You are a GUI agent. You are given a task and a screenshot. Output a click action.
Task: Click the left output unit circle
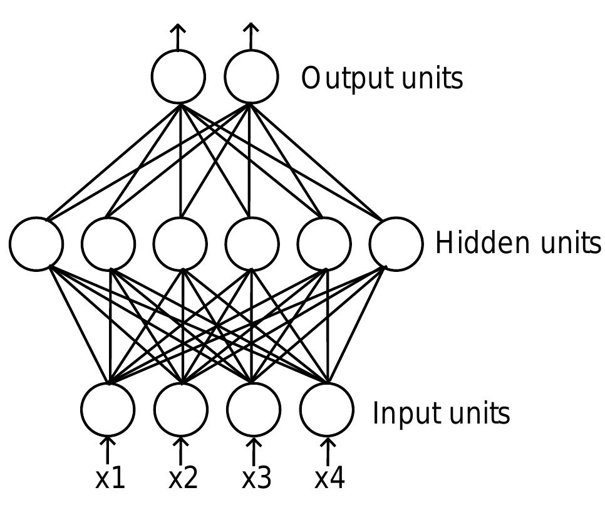click(x=178, y=76)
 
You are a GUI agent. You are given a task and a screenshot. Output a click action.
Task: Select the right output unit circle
click(x=251, y=76)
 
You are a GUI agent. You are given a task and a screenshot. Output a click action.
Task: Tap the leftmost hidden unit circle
click(x=36, y=244)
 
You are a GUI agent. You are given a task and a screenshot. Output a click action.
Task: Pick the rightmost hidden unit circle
click(x=396, y=244)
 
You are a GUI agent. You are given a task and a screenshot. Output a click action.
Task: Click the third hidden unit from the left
click(x=180, y=244)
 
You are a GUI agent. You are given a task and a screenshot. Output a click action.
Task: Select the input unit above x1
click(x=108, y=409)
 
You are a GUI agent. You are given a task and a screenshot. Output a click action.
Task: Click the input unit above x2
click(x=181, y=409)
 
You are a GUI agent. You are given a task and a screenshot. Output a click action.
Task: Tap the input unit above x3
click(x=253, y=409)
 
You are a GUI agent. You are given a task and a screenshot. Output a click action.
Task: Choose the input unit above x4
click(x=326, y=409)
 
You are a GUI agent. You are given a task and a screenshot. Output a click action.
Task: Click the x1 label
click(x=110, y=479)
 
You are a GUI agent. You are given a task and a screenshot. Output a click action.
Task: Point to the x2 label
click(x=183, y=479)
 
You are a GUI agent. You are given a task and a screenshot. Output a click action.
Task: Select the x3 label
click(x=256, y=479)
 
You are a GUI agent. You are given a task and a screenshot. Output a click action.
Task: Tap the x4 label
click(x=329, y=479)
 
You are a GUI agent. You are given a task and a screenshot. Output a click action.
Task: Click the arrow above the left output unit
click(x=178, y=36)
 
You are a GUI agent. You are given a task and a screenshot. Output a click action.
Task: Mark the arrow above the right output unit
click(x=251, y=36)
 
